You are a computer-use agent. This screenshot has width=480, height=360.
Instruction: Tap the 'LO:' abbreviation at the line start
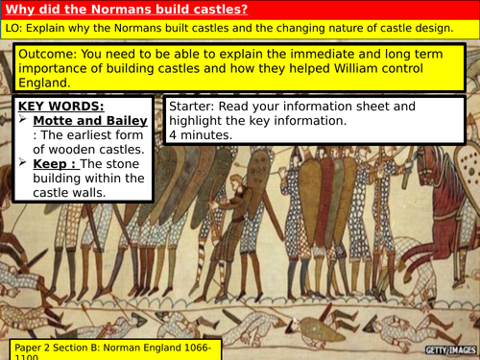15,31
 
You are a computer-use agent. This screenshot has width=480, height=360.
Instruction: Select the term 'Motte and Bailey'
87,121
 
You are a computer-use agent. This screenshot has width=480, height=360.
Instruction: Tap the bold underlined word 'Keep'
51,163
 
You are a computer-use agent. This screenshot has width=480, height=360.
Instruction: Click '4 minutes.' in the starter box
202,136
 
